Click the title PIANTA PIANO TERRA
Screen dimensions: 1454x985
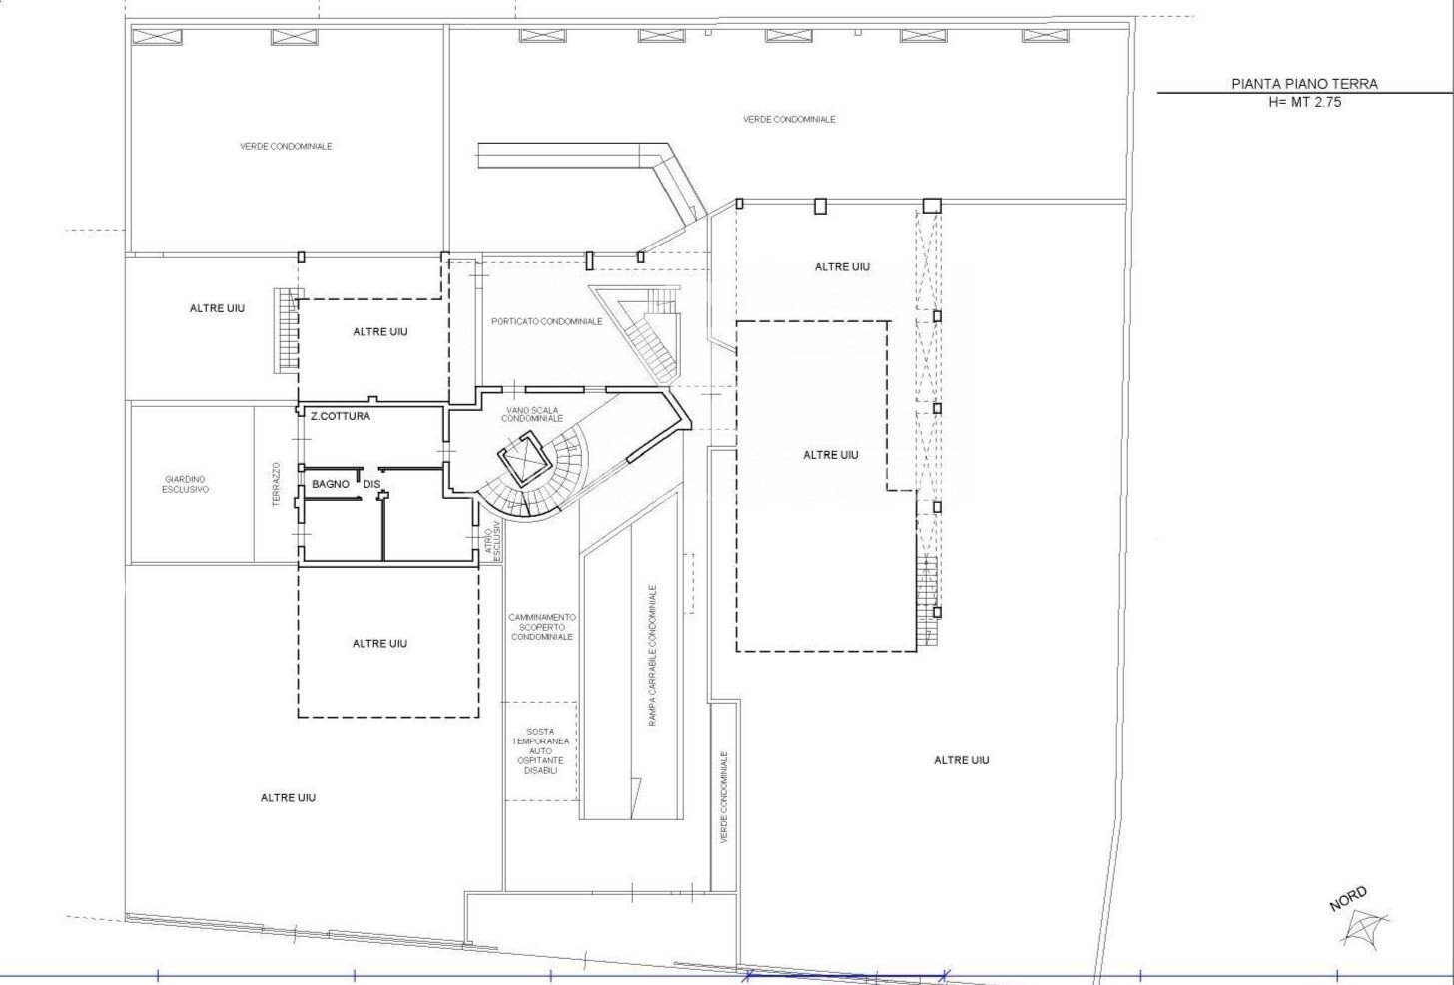coord(1304,84)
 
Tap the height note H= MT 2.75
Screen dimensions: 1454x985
coord(1304,102)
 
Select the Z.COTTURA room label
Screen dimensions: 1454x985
coord(341,416)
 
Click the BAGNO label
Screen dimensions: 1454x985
coord(331,484)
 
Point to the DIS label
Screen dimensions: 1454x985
coord(371,484)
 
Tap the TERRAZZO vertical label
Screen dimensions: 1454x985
coord(277,484)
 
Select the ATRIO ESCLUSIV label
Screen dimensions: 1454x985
coord(493,541)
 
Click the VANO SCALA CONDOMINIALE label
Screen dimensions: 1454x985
coord(532,414)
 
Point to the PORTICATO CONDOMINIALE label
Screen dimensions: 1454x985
coord(546,321)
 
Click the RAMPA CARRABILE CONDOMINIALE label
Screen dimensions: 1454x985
coord(652,655)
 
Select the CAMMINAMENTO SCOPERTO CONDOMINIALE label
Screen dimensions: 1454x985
coord(541,627)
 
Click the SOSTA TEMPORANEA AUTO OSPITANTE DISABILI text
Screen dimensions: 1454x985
coord(540,750)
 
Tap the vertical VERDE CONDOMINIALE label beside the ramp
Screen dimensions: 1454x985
coord(724,797)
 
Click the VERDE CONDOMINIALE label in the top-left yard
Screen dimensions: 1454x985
coord(286,146)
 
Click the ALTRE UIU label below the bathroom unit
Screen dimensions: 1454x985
coord(379,643)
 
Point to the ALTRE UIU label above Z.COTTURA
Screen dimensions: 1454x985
coord(380,332)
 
